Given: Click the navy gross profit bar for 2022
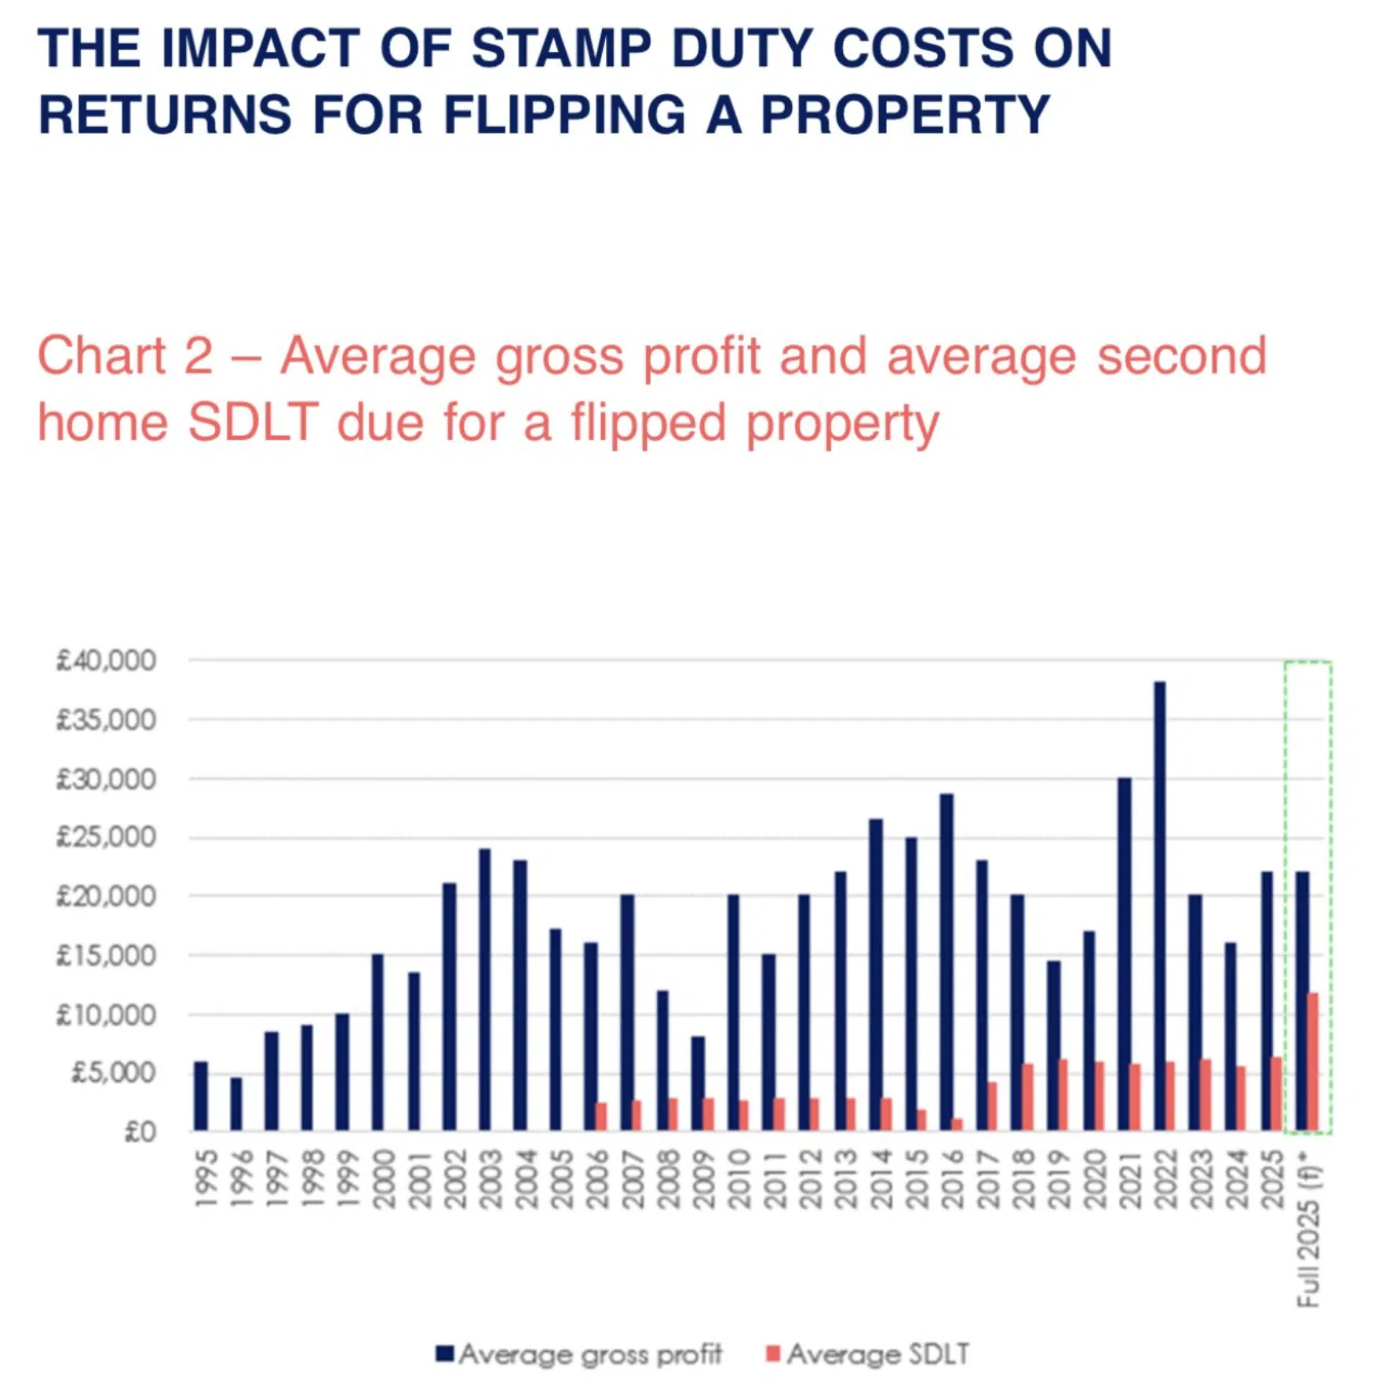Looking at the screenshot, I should point(1159,906).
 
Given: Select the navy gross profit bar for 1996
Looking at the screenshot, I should point(235,1104).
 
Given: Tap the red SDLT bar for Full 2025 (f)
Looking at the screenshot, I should point(1312,1062).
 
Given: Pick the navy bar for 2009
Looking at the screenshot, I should point(697,1084).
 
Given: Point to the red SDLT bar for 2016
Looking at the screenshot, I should point(957,1124).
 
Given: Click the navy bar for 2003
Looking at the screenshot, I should point(484,989).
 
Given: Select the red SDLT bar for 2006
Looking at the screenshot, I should point(601,1116).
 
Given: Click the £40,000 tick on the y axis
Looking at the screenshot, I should point(106,660).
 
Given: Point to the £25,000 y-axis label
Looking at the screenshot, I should point(106,837).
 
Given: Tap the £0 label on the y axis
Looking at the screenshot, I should point(140,1131).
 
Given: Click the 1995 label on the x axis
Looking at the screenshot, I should point(206,1179).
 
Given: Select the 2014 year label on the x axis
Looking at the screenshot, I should point(881,1179).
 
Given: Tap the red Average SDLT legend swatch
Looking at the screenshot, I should point(772,1353).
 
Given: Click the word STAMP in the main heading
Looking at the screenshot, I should point(560,49).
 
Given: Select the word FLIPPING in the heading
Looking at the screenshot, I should point(564,115).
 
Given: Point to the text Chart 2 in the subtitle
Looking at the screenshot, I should point(125,356).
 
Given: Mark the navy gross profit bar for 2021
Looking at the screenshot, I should point(1124,954).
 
